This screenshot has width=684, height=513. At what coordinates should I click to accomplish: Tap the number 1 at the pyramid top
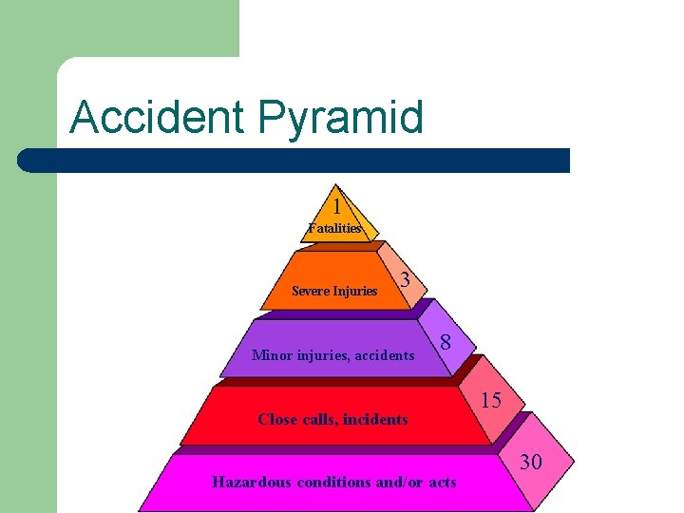337,205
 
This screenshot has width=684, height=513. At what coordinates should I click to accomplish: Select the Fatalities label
334,228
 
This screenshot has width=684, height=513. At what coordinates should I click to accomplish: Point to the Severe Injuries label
334,291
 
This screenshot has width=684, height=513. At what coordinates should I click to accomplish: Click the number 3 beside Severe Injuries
406,280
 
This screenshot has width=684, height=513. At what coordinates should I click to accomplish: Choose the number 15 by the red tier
490,400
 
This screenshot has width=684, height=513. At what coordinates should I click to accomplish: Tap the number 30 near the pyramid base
531,462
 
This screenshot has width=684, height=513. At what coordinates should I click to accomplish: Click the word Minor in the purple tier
272,355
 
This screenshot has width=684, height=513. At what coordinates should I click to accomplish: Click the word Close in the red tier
277,419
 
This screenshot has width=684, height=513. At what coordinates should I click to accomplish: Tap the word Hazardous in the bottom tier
252,482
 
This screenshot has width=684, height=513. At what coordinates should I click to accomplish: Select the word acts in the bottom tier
442,482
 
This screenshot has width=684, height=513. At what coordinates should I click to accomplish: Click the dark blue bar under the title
294,161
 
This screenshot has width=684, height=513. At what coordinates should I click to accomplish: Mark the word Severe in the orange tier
311,291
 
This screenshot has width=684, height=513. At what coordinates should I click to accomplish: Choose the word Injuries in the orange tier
355,291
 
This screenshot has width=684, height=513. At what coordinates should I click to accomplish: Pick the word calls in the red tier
318,419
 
